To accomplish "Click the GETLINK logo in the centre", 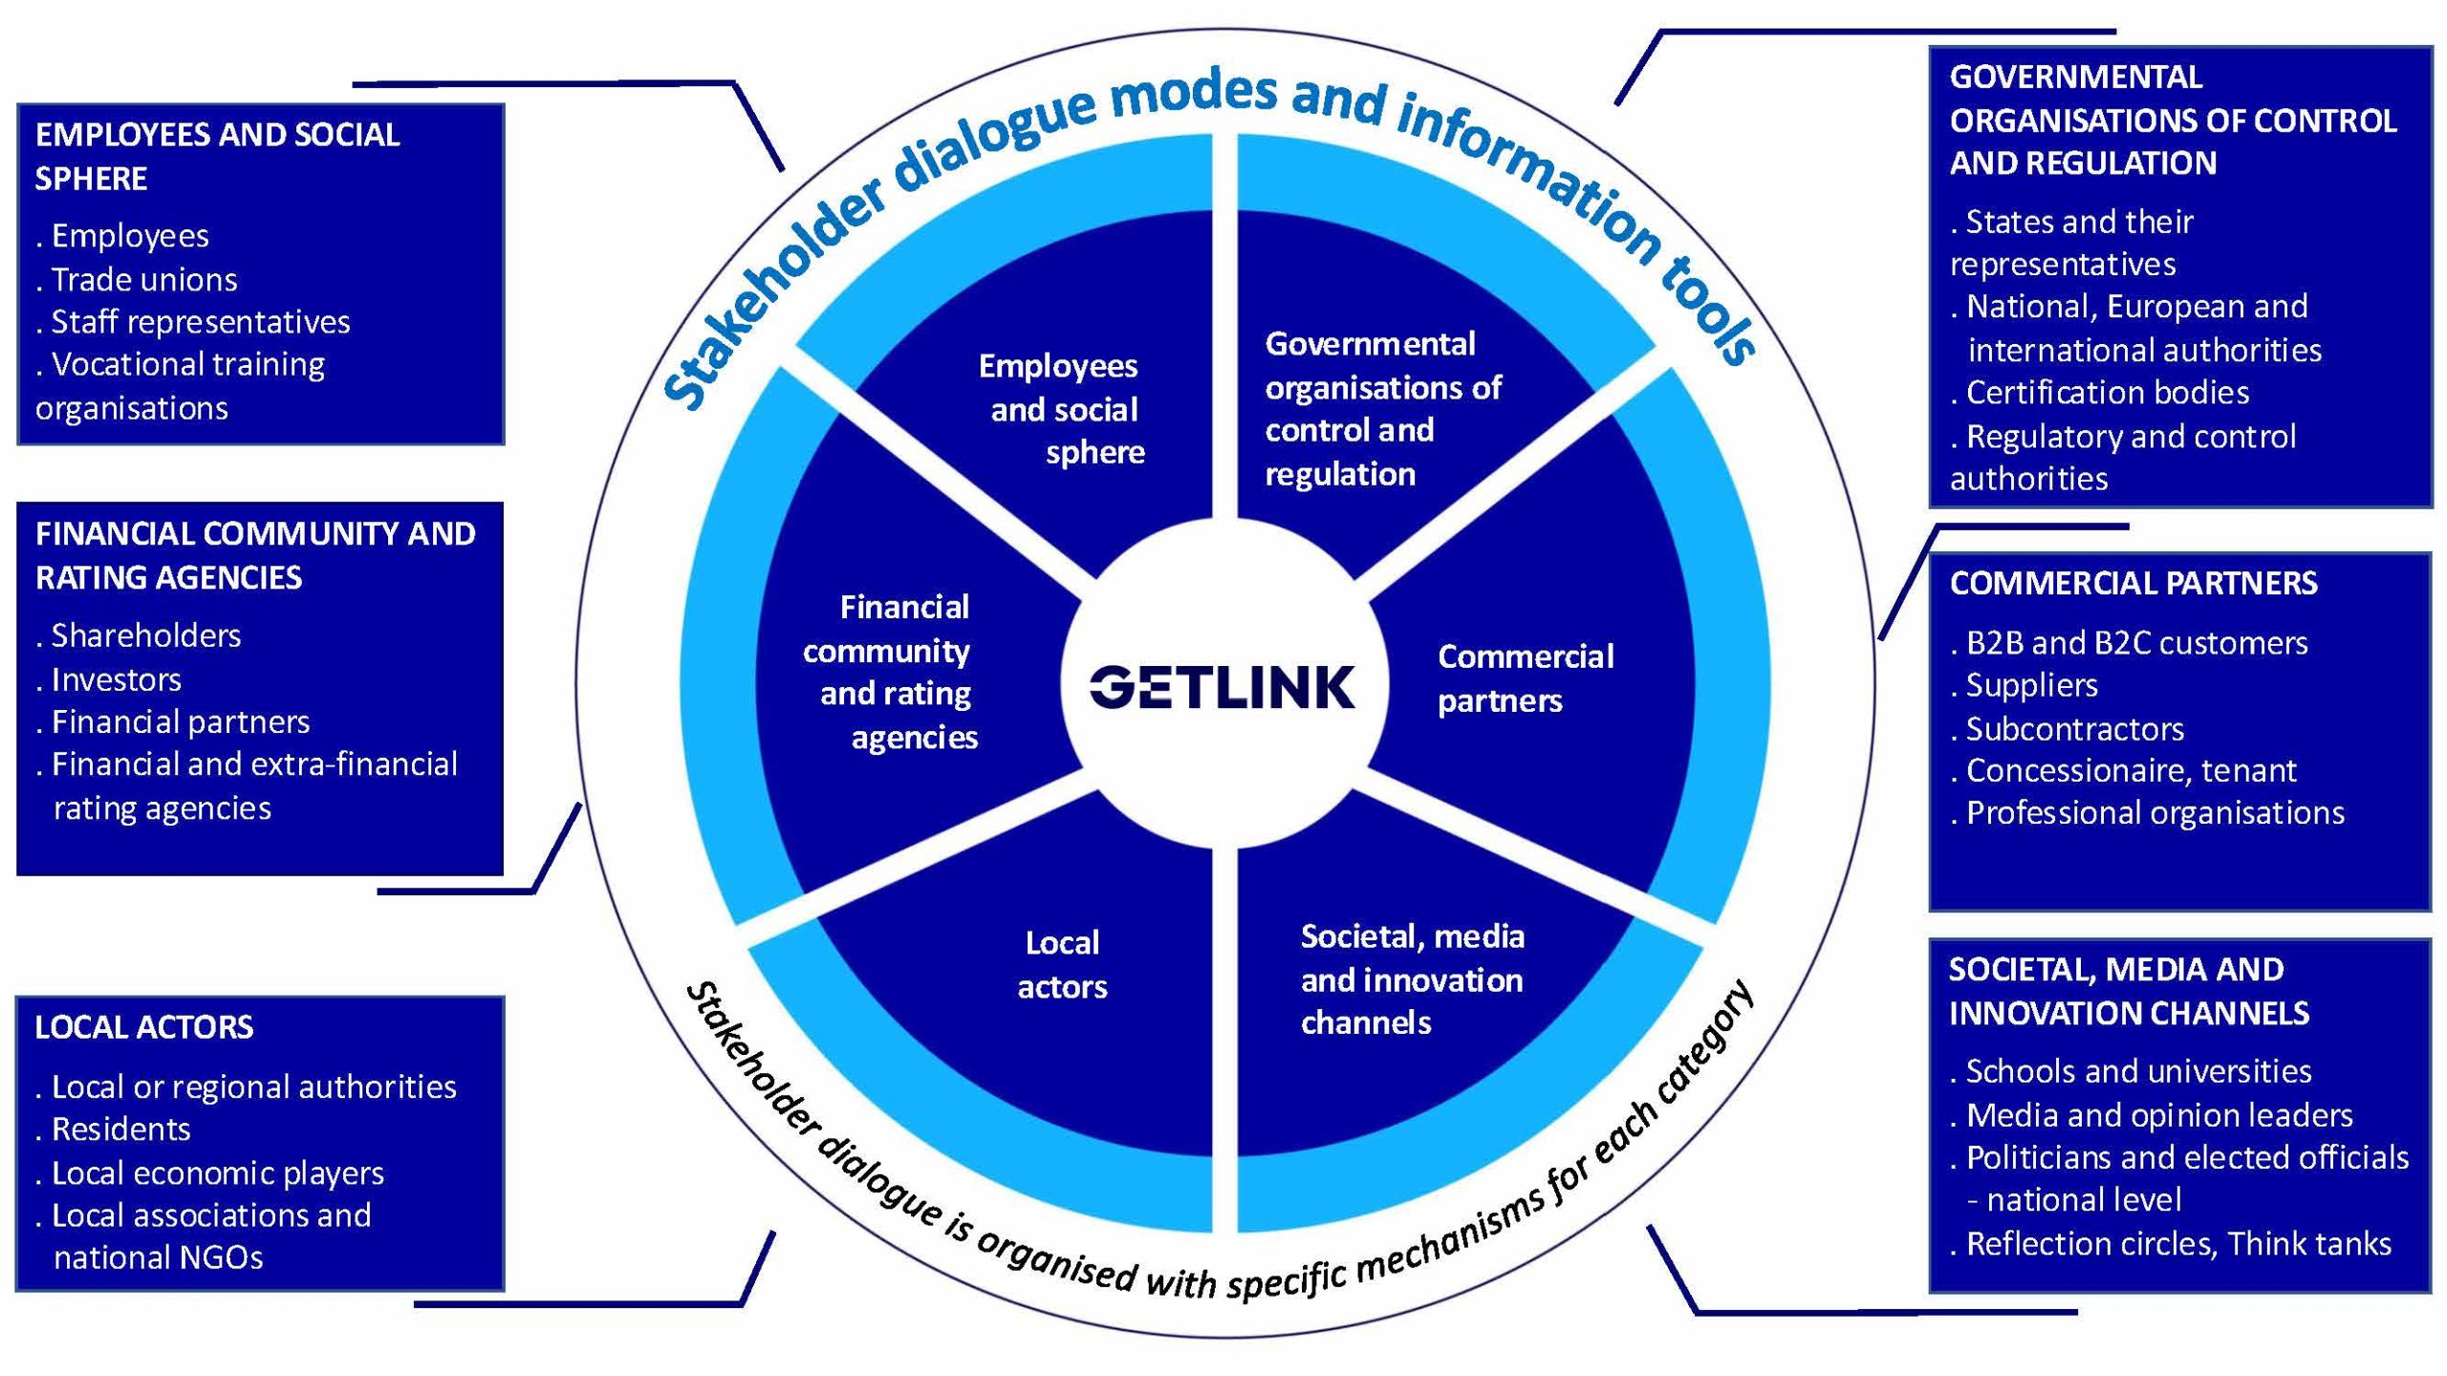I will (1223, 687).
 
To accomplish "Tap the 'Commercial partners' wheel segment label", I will (1525, 678).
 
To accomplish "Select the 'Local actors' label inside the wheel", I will (1062, 964).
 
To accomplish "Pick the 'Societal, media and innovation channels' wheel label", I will (1412, 979).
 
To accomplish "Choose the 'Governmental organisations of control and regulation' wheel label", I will (1381, 409).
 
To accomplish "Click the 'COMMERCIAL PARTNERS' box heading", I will (2133, 583).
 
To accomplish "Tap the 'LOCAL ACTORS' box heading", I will (144, 1027).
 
